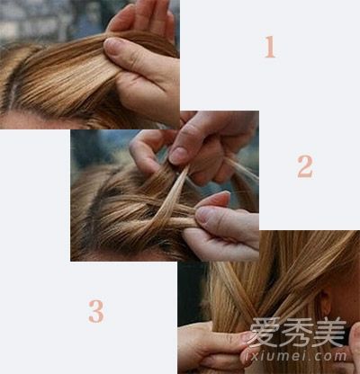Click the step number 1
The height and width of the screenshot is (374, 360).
(270, 47)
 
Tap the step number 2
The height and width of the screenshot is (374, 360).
(305, 166)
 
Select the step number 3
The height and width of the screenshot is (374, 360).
(96, 311)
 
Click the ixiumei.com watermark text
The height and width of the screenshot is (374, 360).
(295, 356)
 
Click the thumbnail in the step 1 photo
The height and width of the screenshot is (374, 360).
(113, 47)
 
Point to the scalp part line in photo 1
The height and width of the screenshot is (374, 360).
(12, 90)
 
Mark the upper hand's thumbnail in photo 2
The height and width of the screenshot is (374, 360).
(178, 155)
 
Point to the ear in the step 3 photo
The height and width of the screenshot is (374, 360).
(326, 304)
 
